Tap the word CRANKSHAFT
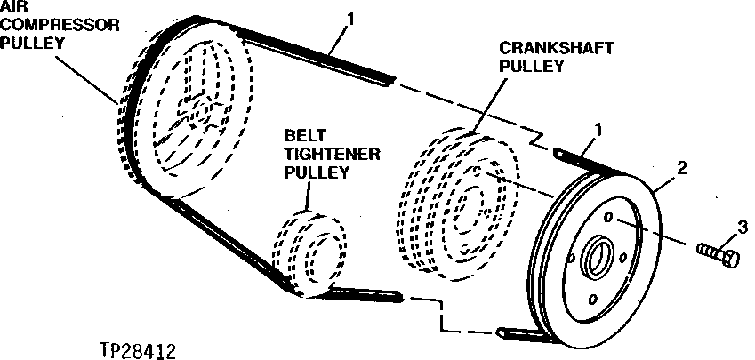tap(545, 49)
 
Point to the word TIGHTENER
tap(332, 153)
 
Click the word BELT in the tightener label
tap(303, 135)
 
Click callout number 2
tap(681, 167)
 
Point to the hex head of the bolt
tap(730, 260)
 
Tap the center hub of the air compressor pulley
tap(197, 111)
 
